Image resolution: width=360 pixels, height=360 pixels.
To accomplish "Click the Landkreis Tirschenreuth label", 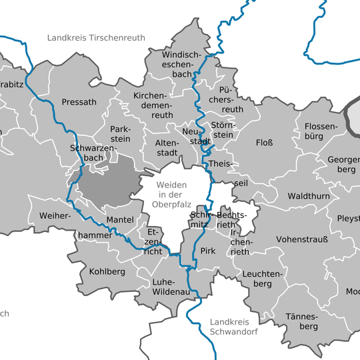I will coord(96,38).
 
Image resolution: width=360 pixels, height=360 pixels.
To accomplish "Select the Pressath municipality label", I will coord(79,102).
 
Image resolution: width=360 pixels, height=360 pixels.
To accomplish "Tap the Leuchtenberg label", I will coord(263,279).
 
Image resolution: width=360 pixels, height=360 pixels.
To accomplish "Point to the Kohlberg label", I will coord(102,272).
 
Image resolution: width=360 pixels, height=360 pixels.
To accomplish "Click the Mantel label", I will coord(119,219).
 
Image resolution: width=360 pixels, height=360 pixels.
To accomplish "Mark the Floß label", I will coord(264,143).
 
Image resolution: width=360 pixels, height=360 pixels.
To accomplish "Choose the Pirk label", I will coord(209,251).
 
